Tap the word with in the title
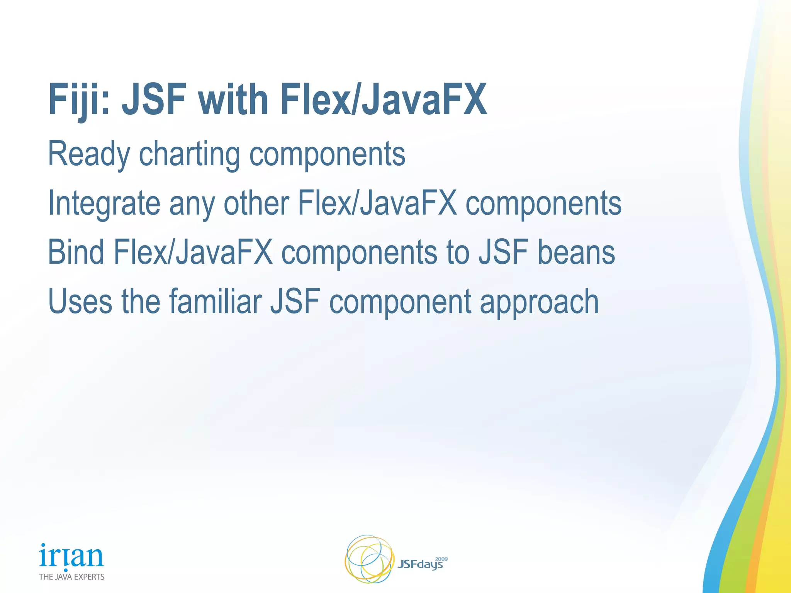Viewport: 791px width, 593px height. (233, 100)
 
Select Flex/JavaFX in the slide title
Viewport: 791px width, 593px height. (384, 100)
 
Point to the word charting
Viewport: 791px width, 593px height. (190, 154)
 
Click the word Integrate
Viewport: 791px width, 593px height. (104, 203)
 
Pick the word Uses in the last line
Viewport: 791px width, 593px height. (80, 302)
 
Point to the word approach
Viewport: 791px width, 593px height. (539, 302)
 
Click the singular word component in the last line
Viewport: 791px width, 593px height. (400, 302)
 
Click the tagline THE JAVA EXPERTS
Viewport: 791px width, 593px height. (71, 577)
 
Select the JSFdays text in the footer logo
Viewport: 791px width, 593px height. (420, 565)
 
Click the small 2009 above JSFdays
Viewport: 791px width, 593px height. (441, 559)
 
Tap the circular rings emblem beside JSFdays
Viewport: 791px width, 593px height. (369, 559)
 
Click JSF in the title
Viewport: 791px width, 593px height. (154, 100)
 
